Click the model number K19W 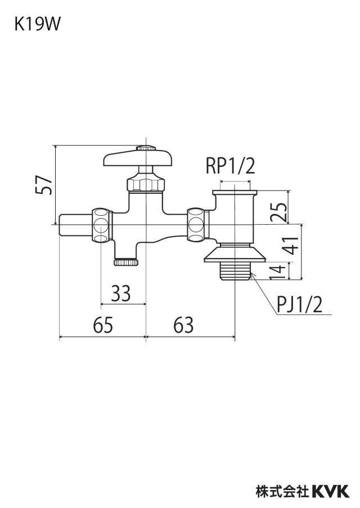click(37, 24)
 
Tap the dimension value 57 click(43, 185)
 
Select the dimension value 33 click(121, 293)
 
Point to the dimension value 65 click(103, 325)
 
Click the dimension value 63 click(183, 325)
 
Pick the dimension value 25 click(278, 212)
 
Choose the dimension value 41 click(290, 246)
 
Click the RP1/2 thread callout click(231, 166)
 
